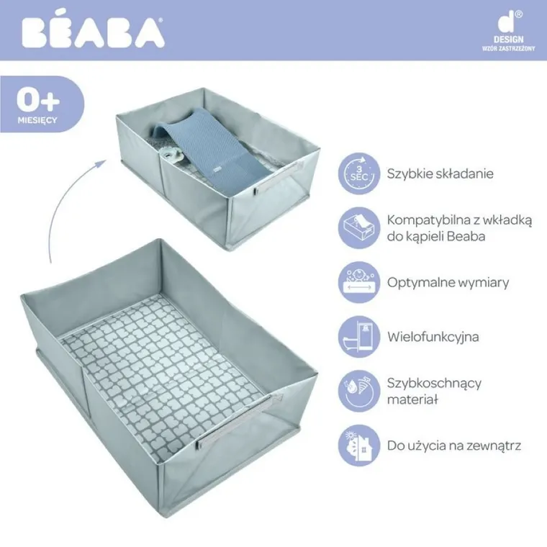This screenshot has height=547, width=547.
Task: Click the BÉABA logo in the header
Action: click(x=92, y=32)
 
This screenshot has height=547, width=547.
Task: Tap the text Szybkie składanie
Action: click(x=440, y=174)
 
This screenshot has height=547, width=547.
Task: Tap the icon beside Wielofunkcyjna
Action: click(x=358, y=336)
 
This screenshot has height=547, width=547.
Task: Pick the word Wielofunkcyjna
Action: click(x=433, y=336)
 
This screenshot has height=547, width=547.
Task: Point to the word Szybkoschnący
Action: click(x=434, y=383)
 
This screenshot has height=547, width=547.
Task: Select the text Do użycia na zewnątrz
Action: click(x=453, y=446)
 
